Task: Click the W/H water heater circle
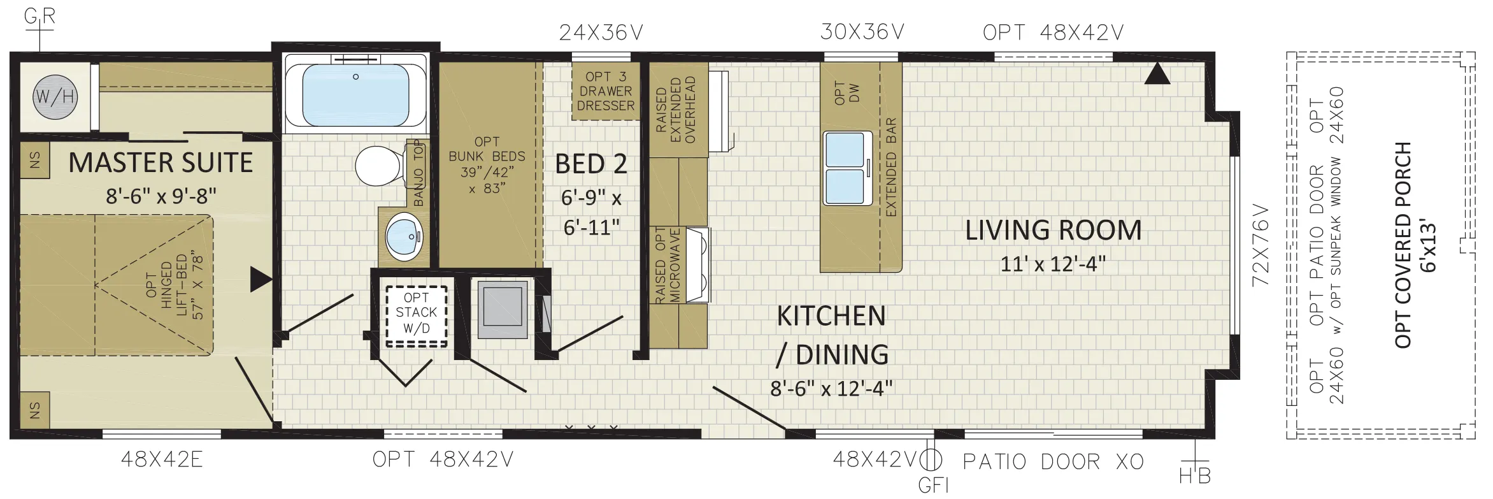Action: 55,98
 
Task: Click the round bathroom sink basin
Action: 404,236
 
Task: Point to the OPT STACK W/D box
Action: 417,315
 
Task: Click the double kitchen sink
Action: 847,168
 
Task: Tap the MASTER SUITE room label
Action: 161,163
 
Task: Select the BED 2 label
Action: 591,164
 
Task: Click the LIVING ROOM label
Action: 1054,231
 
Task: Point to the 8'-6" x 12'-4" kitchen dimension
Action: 831,388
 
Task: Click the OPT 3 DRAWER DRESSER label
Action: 606,91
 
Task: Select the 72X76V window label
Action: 1261,245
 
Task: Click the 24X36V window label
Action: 601,33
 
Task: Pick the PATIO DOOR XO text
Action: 1054,461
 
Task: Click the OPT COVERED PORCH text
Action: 1403,245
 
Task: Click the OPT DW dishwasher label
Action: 847,93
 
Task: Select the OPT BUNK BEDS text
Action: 487,164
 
